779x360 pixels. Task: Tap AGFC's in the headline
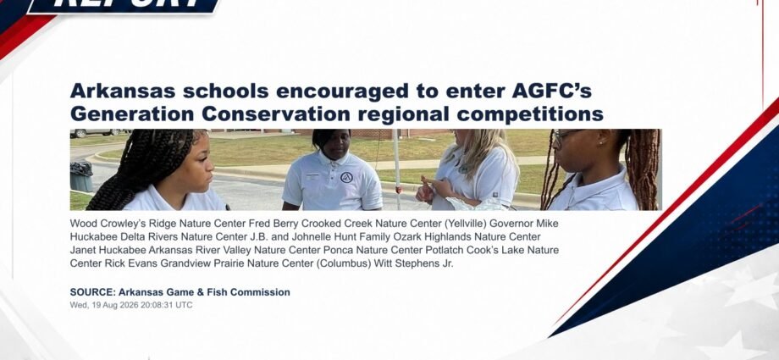point(551,91)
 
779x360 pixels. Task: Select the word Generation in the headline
point(132,114)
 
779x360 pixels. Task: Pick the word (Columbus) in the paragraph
point(343,263)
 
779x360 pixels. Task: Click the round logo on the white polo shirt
point(346,178)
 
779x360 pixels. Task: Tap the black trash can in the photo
point(81,176)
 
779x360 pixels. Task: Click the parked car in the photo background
point(95,133)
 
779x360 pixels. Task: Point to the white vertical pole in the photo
point(397,169)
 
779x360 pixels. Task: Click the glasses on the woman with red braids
point(567,134)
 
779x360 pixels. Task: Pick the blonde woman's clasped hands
point(430,188)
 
